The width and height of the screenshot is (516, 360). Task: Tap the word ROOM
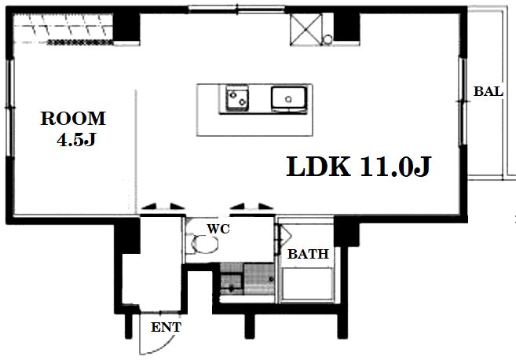point(73,119)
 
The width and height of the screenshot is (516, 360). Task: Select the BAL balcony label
point(489,91)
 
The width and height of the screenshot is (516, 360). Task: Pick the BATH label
point(308,255)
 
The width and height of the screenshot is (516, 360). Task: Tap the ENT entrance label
point(166,328)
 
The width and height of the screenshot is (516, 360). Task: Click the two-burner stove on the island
point(237,100)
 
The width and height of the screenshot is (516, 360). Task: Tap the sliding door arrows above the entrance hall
point(163,208)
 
